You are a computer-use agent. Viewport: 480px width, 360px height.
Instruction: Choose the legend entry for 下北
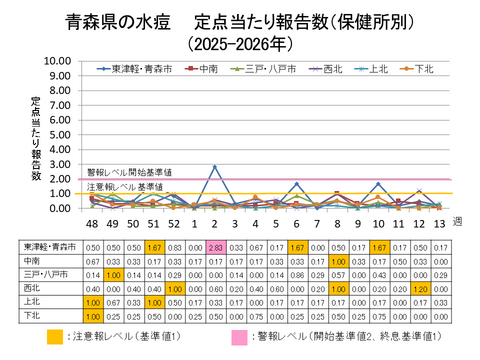pos(423,69)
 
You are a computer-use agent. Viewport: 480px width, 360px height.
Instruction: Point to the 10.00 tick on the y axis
pos(59,61)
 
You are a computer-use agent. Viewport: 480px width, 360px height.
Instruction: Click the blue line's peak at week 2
pos(214,167)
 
